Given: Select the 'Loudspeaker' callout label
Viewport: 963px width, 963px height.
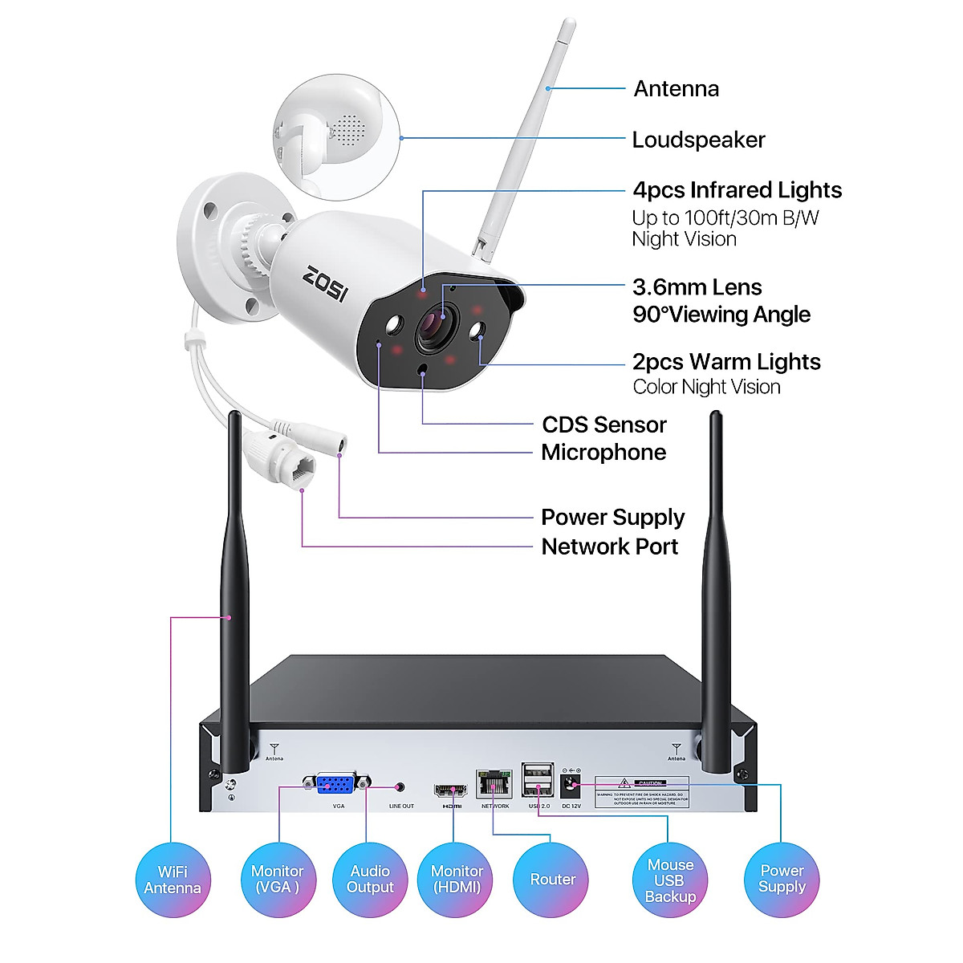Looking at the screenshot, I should click(698, 140).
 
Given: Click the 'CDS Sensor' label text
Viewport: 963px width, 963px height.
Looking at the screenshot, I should click(604, 425).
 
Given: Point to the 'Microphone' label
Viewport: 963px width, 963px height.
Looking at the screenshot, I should click(603, 452).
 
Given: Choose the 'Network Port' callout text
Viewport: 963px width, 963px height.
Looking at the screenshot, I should click(610, 547).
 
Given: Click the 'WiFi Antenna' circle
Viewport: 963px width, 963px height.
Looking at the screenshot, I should click(173, 880).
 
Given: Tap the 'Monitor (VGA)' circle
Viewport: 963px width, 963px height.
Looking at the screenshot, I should click(278, 880).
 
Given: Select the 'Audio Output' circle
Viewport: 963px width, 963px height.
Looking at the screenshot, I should click(370, 880).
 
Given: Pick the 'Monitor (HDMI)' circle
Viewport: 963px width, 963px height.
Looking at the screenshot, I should click(456, 880).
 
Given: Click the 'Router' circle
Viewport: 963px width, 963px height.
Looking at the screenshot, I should click(552, 880).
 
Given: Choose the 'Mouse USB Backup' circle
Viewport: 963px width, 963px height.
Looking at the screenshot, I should click(671, 880).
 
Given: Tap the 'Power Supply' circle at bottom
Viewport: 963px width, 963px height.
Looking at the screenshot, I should click(782, 880).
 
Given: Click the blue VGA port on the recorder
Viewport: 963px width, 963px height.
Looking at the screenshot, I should click(337, 784).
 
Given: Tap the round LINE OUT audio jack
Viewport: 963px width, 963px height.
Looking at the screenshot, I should click(400, 789).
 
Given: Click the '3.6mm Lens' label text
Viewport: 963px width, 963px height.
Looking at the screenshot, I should click(697, 287).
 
